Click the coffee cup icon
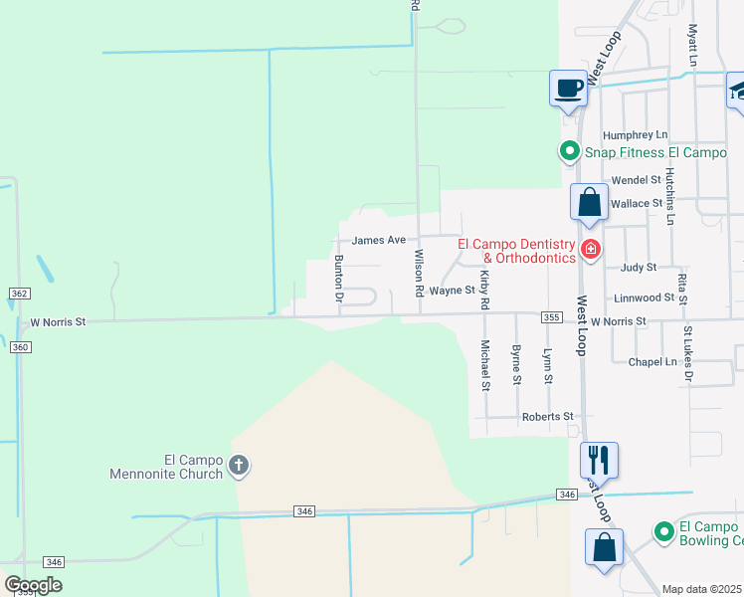click(568, 89)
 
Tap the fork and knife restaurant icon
click(599, 460)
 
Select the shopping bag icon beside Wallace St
click(589, 202)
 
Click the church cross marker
click(239, 465)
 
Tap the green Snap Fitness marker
click(569, 152)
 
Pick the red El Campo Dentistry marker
click(591, 249)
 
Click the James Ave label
click(379, 240)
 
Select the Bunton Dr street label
click(338, 279)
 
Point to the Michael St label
click(485, 365)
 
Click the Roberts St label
click(549, 417)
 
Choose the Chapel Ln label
click(652, 362)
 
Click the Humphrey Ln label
click(635, 134)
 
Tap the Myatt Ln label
click(691, 46)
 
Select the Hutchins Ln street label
click(670, 195)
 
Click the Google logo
click(33, 585)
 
